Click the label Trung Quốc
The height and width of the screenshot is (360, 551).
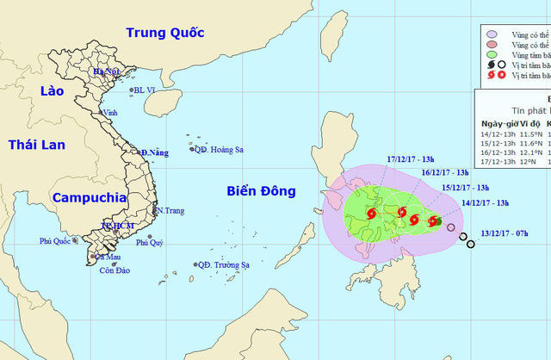click(x=164, y=33)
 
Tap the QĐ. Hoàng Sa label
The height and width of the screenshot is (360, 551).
click(x=219, y=150)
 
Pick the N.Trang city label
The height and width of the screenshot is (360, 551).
click(x=169, y=210)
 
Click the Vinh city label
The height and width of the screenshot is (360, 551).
click(x=110, y=113)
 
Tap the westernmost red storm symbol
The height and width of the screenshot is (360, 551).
click(x=370, y=214)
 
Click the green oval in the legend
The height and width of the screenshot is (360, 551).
click(x=491, y=54)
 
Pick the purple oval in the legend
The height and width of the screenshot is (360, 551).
click(x=491, y=42)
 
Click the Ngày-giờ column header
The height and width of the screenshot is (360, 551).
click(x=495, y=122)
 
